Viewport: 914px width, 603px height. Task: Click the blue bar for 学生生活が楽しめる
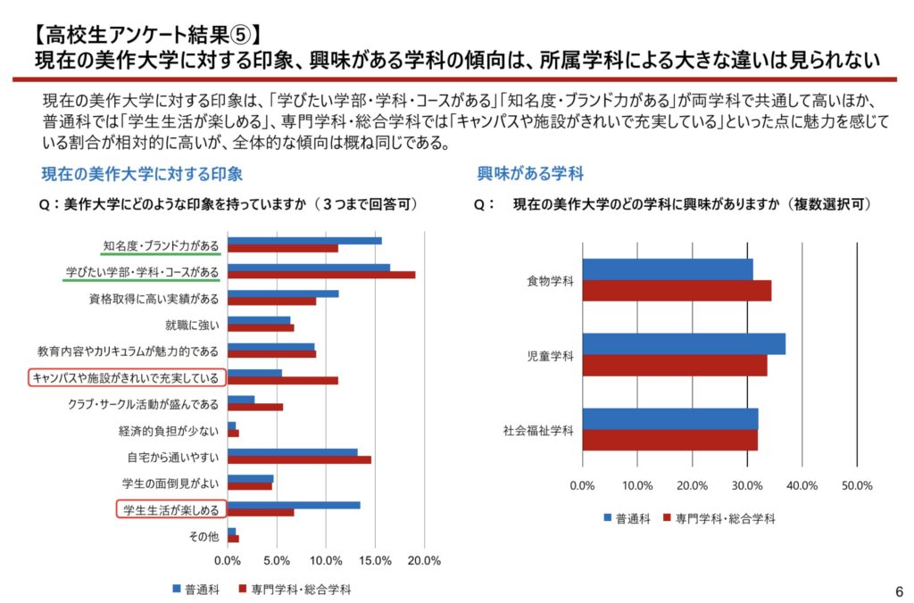tap(294, 505)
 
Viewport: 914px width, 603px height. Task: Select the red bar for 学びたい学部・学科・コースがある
tap(321, 275)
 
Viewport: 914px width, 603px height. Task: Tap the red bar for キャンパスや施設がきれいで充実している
tap(283, 380)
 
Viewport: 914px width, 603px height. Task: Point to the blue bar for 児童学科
tap(684, 344)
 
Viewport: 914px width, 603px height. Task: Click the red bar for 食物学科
tap(677, 291)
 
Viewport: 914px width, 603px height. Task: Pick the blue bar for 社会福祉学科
tap(669, 419)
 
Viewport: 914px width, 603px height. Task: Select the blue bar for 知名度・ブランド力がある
tap(304, 241)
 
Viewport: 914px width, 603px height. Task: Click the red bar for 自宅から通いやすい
tap(299, 460)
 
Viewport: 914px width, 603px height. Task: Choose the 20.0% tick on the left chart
tap(424, 561)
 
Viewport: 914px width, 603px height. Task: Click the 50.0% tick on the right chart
tap(857, 485)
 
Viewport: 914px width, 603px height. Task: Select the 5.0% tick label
tap(278, 561)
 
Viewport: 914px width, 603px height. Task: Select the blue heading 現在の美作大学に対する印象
tap(142, 173)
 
